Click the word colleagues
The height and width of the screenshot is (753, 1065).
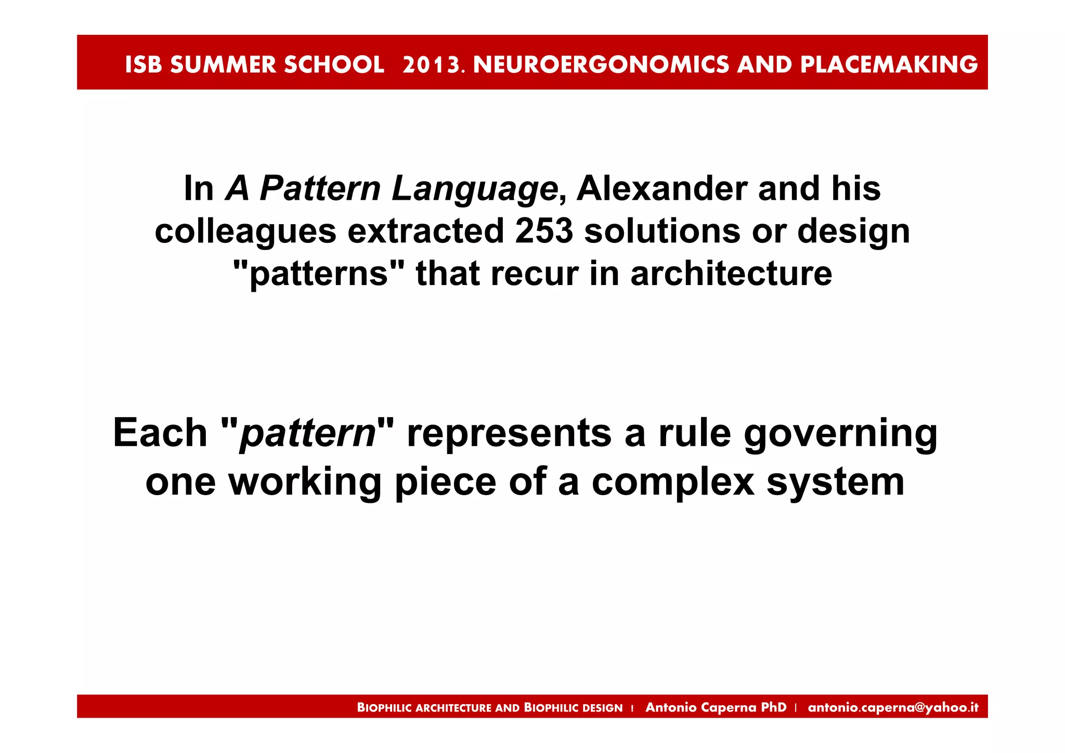coord(245,231)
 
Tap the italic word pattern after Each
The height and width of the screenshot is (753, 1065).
coord(307,433)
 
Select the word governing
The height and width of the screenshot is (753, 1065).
coord(840,433)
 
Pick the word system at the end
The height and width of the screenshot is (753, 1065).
coord(836,482)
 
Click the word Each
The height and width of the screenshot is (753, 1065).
coord(160,433)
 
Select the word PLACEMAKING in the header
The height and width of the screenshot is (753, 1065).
coord(889,64)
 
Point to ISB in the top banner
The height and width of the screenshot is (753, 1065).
coord(143,64)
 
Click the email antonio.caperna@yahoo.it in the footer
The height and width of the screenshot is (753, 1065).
coord(893,707)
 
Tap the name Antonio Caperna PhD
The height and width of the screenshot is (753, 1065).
coord(716,707)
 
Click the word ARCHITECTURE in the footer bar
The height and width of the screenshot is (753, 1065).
coord(453,708)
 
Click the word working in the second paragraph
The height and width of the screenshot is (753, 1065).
coord(305,482)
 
